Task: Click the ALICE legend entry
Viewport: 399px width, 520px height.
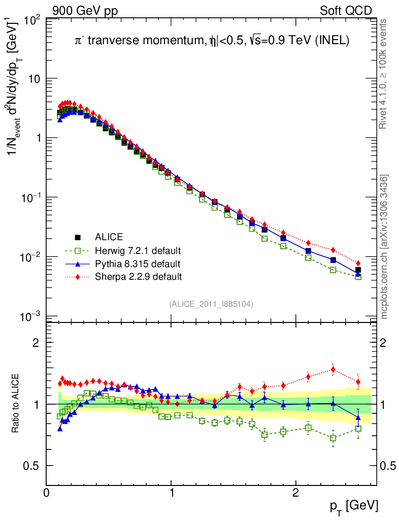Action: (x=108, y=237)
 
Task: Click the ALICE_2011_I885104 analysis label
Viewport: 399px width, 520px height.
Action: (x=211, y=304)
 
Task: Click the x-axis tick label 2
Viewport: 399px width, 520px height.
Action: (x=295, y=493)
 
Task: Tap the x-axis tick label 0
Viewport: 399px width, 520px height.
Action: (x=47, y=493)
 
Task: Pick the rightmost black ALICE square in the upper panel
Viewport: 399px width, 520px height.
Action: (x=358, y=270)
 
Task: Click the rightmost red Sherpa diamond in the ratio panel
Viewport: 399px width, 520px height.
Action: (x=358, y=382)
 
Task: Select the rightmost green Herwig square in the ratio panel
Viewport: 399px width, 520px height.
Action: (x=358, y=429)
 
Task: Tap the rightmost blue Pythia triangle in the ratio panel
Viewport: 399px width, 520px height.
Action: (x=358, y=417)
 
